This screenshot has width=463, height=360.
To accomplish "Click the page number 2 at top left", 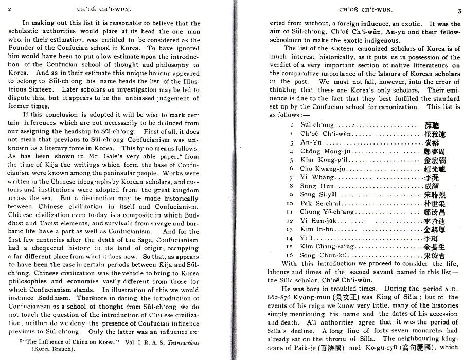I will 10,9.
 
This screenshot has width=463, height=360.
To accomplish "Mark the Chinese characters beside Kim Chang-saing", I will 434,246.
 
